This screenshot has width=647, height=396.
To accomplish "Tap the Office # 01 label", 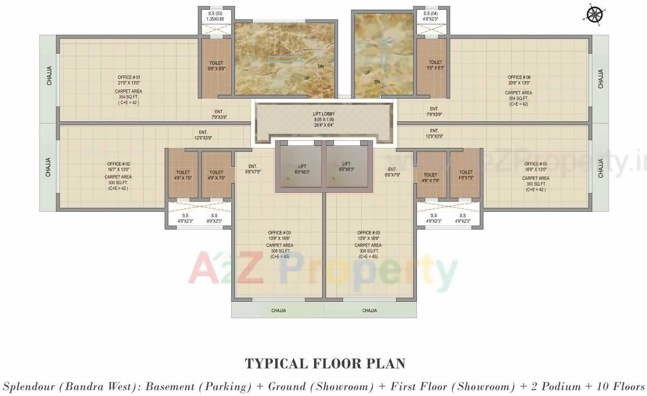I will coord(129,77).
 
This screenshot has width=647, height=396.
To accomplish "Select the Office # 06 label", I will coord(519,77).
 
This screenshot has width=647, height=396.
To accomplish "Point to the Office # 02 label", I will coord(119,164).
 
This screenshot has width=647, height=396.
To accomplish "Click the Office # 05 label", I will coord(535,164).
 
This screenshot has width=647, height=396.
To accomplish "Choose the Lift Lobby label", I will coord(323,114).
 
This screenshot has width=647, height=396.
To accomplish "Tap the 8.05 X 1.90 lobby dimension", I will coord(323,119).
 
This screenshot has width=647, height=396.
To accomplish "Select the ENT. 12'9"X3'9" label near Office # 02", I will coord(203,135).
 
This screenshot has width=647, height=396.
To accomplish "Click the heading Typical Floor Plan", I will coord(325,363).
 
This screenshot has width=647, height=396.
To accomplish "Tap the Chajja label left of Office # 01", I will coord(49,79).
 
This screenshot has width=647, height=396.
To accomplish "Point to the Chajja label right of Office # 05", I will coord(600,168).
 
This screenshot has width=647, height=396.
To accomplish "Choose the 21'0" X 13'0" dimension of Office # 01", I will coord(129,83).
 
